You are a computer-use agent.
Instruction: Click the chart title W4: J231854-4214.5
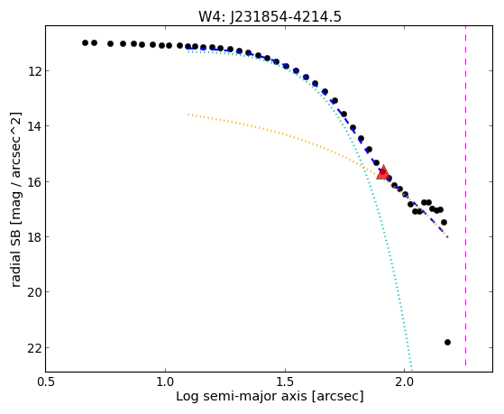coord(270,16)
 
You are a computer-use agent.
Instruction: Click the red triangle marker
coord(383,172)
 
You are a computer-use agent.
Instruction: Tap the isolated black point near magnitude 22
coord(447,342)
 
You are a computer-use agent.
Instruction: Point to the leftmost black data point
coord(85,42)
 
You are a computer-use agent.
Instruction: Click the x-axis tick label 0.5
coord(46,382)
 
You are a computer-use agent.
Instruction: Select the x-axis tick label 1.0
coord(165,382)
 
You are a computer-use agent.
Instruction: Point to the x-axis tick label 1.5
coord(285,382)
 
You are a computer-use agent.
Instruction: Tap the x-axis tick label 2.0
coord(405,382)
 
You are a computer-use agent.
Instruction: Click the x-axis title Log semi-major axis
coord(242,397)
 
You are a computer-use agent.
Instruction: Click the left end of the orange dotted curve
coord(188,115)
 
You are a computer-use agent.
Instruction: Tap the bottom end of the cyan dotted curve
coord(411,370)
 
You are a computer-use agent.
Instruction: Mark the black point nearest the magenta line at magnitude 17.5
coord(444,222)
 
